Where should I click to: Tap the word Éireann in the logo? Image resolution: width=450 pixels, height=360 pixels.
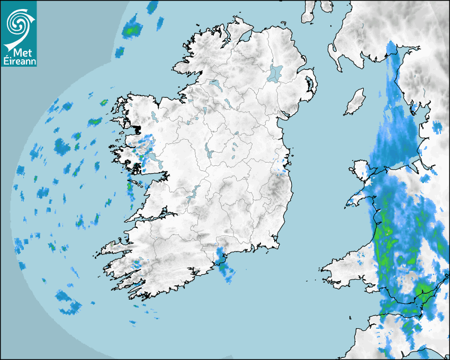20,61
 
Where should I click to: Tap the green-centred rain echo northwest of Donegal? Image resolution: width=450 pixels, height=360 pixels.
131,30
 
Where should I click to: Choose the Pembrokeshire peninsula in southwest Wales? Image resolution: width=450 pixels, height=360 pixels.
339,267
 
